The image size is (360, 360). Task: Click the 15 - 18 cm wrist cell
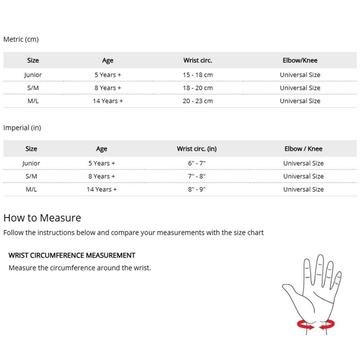(x=198, y=75)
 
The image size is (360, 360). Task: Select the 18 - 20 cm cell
(x=198, y=88)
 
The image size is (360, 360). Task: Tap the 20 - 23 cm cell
(x=198, y=101)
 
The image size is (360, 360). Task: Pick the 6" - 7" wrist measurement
(x=197, y=163)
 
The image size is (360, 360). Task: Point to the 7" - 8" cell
(x=197, y=176)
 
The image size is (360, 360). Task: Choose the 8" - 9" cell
(x=197, y=189)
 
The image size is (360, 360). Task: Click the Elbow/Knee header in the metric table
(x=300, y=60)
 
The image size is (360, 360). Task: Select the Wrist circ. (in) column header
(x=197, y=149)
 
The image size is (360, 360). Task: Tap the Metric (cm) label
(x=21, y=39)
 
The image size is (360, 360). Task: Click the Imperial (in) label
(x=22, y=128)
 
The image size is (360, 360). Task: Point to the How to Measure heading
(x=42, y=218)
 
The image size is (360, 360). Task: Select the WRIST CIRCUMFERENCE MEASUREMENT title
(x=72, y=255)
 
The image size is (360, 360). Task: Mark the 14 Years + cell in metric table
(x=108, y=101)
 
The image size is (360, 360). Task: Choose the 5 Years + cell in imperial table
(x=102, y=163)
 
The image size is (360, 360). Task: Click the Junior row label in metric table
(x=33, y=75)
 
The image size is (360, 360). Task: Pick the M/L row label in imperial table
(x=31, y=189)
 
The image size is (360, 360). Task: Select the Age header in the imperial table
(x=102, y=149)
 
